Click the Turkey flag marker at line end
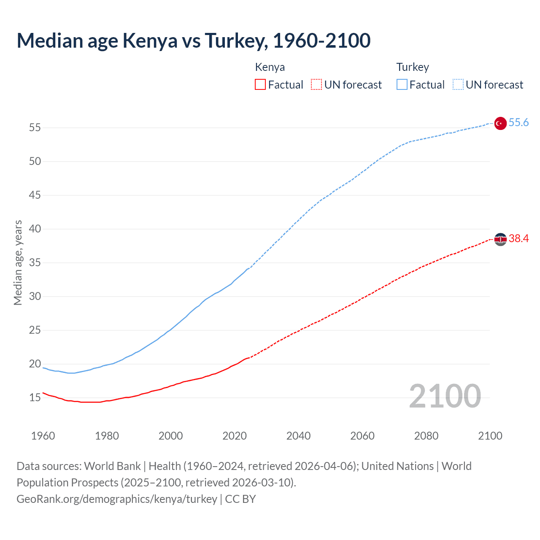pyautogui.click(x=500, y=123)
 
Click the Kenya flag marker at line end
pyautogui.click(x=500, y=239)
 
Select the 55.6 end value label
pyautogui.click(x=518, y=123)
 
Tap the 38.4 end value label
pyautogui.click(x=518, y=239)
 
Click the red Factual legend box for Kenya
pyautogui.click(x=260, y=85)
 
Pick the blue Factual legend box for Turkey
pyautogui.click(x=402, y=85)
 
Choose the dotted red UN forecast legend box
pyautogui.click(x=316, y=85)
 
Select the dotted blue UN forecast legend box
pyautogui.click(x=458, y=85)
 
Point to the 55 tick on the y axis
pyautogui.click(x=35, y=127)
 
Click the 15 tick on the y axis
pyautogui.click(x=35, y=397)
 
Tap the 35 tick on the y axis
pyautogui.click(x=35, y=262)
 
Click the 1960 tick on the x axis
pyautogui.click(x=43, y=436)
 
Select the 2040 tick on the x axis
pyautogui.click(x=298, y=436)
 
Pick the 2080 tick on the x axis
pyautogui.click(x=426, y=436)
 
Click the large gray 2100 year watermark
pyautogui.click(x=445, y=396)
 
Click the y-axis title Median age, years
pyautogui.click(x=18, y=262)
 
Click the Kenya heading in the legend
pyautogui.click(x=270, y=67)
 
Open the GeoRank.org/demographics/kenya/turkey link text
pyautogui.click(x=117, y=499)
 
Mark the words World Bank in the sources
pyautogui.click(x=112, y=466)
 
